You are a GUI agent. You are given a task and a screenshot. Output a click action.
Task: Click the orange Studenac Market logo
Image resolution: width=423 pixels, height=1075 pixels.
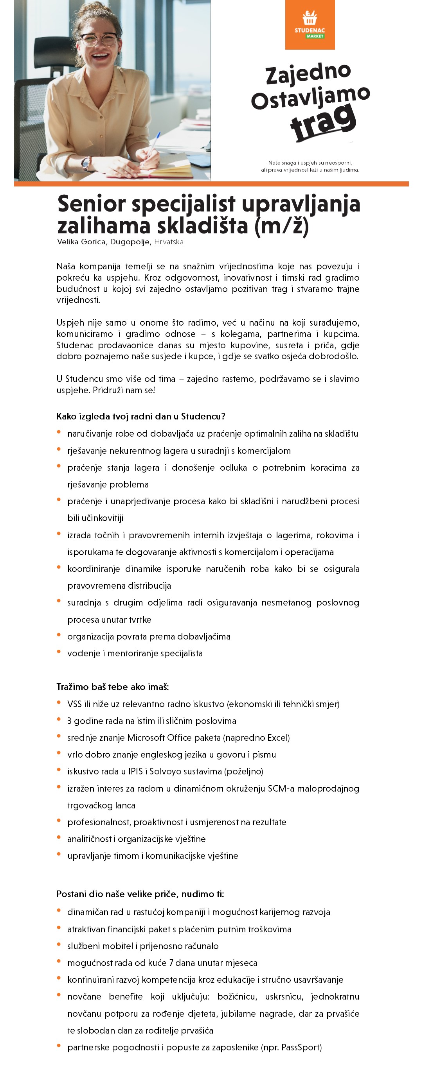tap(310, 24)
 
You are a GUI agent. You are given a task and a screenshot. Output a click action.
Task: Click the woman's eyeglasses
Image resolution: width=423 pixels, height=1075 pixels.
tap(99, 39)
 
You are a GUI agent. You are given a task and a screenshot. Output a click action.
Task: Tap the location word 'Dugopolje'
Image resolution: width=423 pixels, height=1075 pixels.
tap(130, 242)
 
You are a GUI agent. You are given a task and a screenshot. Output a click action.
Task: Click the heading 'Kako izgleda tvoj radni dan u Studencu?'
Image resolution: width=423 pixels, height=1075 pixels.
tap(141, 416)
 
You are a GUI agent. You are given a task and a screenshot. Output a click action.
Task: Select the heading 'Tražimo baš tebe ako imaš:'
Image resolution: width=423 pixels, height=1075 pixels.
tap(113, 686)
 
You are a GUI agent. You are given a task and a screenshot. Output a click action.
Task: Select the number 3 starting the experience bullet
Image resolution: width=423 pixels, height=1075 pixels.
tap(69, 721)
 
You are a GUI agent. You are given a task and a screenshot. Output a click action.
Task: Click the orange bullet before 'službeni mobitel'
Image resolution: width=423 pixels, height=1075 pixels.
tap(59, 944)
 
